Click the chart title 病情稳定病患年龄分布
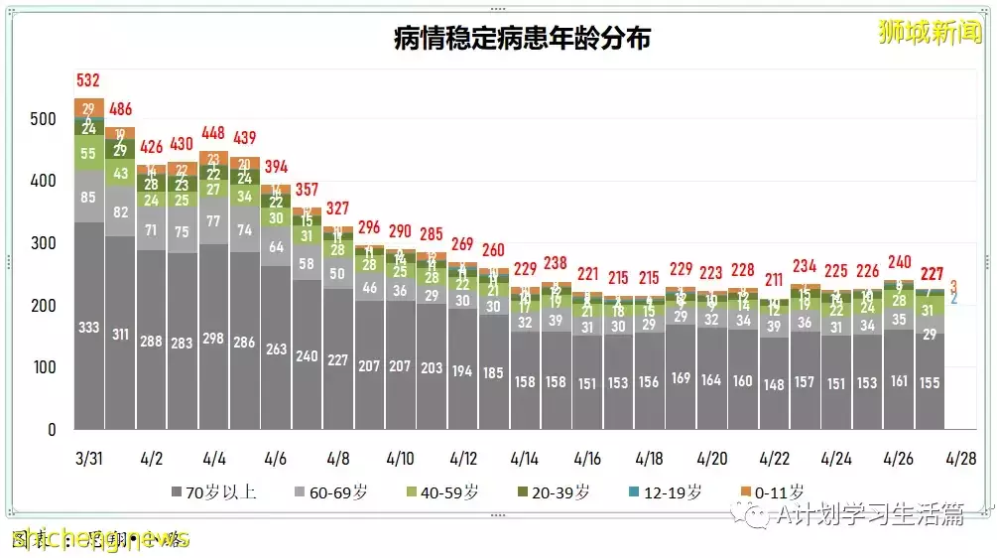pyautogui.click(x=522, y=39)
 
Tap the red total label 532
pyautogui.click(x=89, y=80)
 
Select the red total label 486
pyautogui.click(x=120, y=109)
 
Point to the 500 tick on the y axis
pyautogui.click(x=43, y=119)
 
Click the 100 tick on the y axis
pyautogui.click(x=43, y=368)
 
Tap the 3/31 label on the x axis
pyautogui.click(x=89, y=459)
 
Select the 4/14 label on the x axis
pyautogui.click(x=525, y=459)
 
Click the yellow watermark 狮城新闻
pyautogui.click(x=930, y=32)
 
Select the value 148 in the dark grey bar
pyautogui.click(x=773, y=385)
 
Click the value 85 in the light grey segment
pyautogui.click(x=89, y=197)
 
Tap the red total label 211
pyautogui.click(x=773, y=279)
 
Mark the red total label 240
pyautogui.click(x=898, y=262)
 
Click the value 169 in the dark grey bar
pyautogui.click(x=681, y=378)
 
